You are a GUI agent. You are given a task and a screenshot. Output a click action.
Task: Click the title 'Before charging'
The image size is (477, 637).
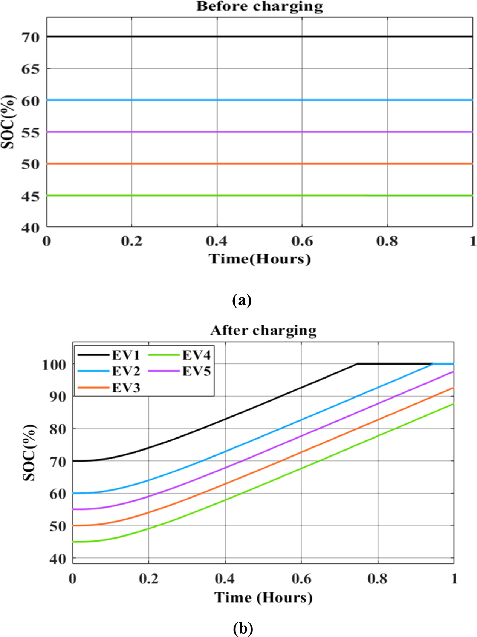click(260, 6)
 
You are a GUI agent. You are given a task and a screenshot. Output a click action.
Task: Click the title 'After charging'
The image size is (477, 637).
click(263, 330)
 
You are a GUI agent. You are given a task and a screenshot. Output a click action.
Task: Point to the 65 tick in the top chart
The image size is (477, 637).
click(30, 69)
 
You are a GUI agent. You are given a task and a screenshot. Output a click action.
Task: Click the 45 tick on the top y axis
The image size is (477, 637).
click(30, 196)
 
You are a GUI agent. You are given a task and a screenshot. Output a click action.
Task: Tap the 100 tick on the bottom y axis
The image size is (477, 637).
click(54, 365)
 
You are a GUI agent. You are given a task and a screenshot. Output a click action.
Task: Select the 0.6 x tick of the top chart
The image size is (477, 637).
click(302, 241)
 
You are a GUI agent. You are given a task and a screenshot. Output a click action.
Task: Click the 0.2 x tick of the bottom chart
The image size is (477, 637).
click(148, 579)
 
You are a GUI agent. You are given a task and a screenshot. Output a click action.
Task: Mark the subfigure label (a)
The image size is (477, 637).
click(242, 300)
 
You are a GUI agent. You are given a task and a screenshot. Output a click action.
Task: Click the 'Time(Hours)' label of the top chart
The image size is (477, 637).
click(260, 259)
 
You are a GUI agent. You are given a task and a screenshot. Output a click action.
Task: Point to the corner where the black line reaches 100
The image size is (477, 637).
click(357, 364)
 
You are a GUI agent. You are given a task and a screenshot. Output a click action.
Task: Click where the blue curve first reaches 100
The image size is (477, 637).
click(433, 364)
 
